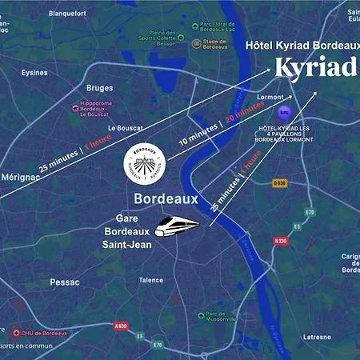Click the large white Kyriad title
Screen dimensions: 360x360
tap(315, 68)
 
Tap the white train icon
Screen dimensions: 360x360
tap(176, 226)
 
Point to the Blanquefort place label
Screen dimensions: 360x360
tap(68, 14)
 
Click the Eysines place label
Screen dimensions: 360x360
tap(34, 72)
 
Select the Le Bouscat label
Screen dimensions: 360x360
tap(125, 128)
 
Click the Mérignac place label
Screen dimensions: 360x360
tap(21, 177)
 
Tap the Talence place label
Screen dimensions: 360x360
tap(151, 280)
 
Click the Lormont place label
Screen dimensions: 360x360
tap(271, 98)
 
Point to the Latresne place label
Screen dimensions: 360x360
tap(318, 337)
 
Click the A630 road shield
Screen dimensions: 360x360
tap(121, 326)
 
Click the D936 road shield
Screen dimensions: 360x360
tap(279, 183)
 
